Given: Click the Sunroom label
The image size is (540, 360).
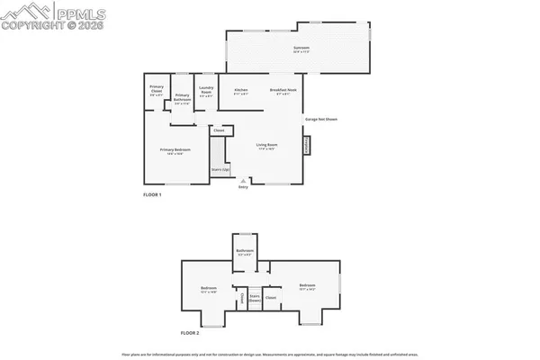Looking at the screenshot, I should pos(301,48).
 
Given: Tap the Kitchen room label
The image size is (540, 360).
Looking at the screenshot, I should pos(240,90).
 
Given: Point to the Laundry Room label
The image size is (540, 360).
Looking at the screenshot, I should pos(205,90).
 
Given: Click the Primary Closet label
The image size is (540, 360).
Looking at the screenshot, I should pos(157,90).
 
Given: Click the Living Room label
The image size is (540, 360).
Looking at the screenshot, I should pos(266,146).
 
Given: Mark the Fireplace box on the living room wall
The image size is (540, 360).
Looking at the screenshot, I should pos(308,145).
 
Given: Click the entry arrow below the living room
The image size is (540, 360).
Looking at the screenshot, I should pos(241,180).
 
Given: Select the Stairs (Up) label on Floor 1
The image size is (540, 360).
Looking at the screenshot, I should pos(220,169).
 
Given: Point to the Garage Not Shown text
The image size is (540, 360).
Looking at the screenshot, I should pos(320,118).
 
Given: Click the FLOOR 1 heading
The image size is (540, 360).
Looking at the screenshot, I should pos(152,194).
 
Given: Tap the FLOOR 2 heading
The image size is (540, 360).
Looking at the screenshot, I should pos(189,333).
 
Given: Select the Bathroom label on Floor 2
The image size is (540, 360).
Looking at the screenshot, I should pos(245,251).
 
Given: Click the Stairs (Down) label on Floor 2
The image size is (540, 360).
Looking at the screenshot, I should pos(255,296).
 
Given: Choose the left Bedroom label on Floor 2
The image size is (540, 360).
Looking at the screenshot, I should pos(209,289).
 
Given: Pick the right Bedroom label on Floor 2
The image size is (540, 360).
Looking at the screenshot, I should pos(307,288).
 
